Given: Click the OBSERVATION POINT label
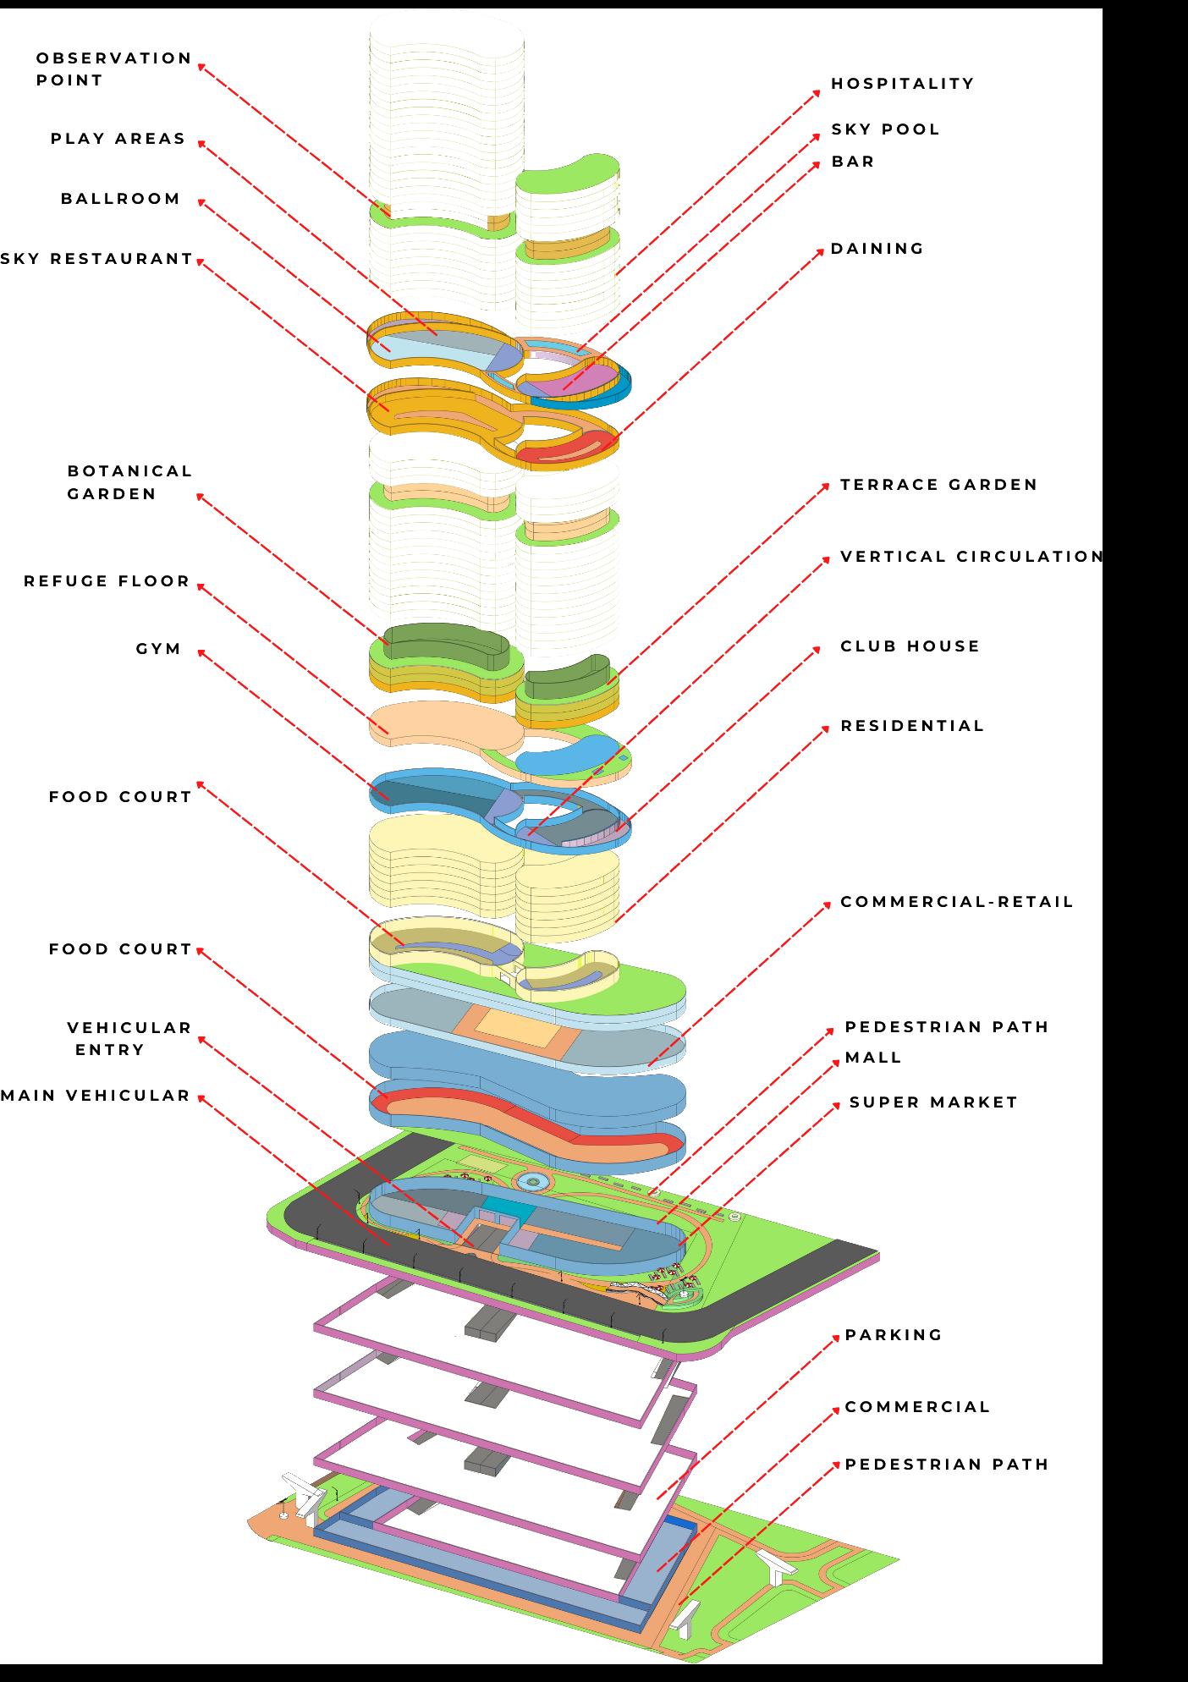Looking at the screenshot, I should pos(113,69).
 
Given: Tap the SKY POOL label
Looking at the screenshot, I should pos(885,129).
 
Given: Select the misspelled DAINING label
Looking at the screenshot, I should pos(877,249).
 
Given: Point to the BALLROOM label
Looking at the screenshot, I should pos(120,199).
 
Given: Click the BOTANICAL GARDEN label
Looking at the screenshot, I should pos(129,482).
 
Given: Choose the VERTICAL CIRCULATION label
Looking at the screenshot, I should pos(971,557).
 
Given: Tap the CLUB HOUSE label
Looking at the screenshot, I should pos(910,646).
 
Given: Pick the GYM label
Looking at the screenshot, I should pos(158,649).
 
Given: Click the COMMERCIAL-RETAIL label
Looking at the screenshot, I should pos(956,902).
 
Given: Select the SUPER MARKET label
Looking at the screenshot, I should pos(933,1102).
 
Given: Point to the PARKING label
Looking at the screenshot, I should pos(894,1335).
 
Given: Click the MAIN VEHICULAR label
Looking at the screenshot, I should pos(96,1096).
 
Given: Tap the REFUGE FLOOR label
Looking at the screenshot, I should pos(107,581).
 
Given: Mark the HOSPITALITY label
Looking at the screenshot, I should pos(902,84).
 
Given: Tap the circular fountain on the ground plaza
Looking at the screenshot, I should pos(532,1180).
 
